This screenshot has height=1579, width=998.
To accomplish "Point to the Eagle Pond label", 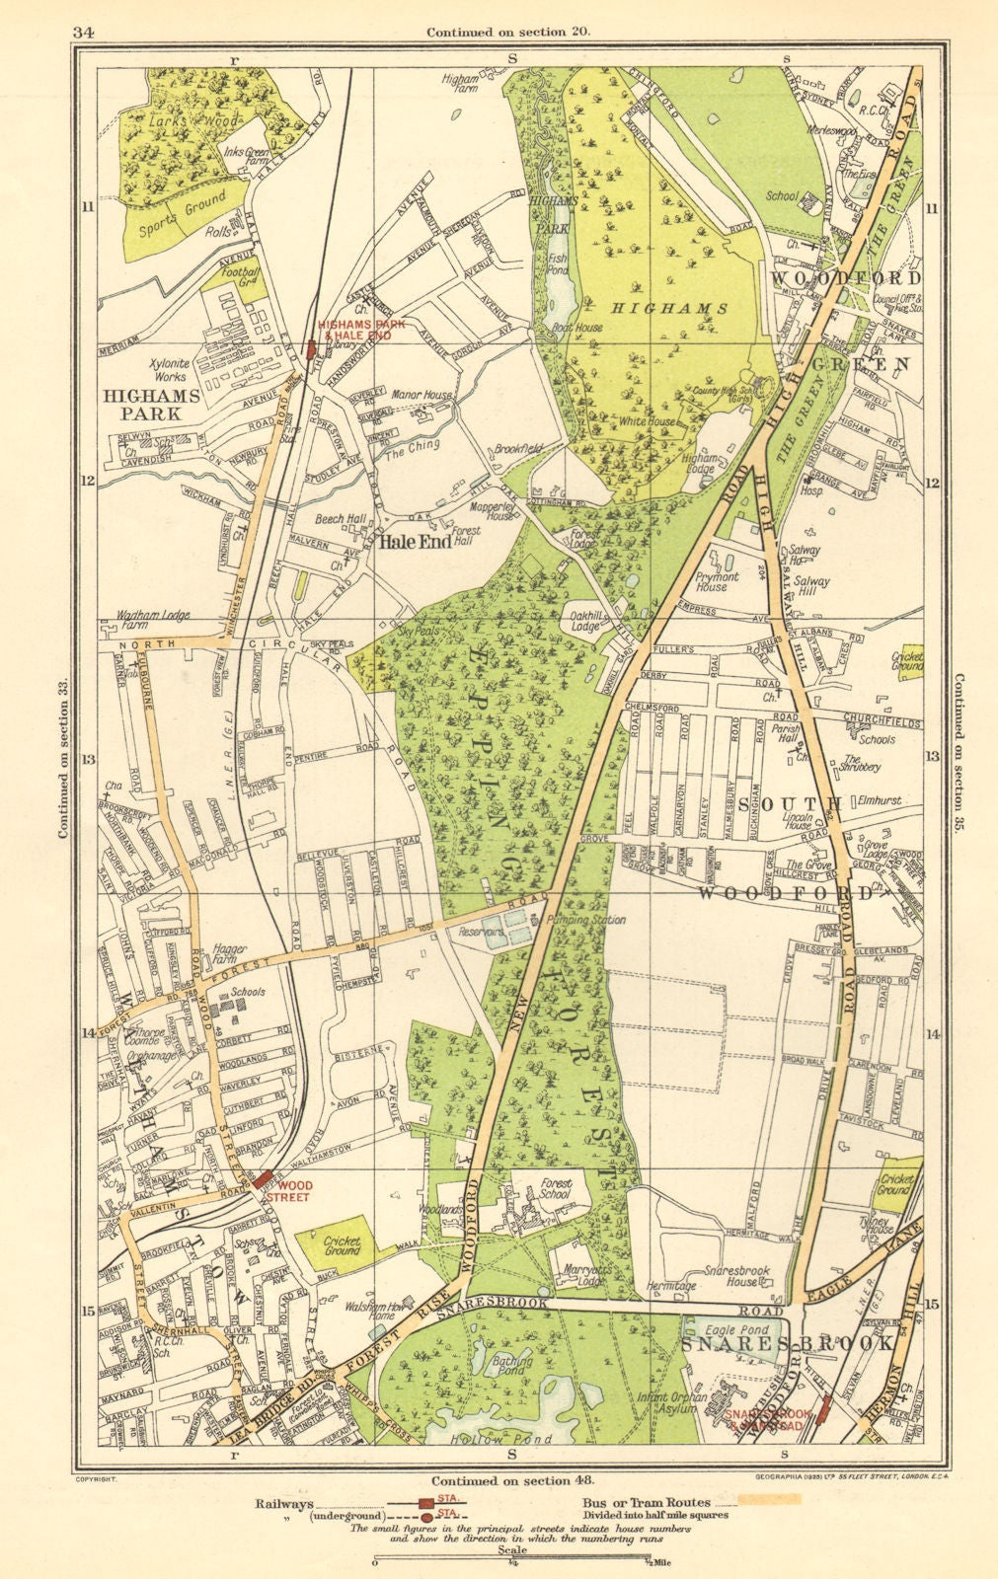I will tap(729, 1330).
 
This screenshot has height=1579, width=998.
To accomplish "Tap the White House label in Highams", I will tap(648, 421).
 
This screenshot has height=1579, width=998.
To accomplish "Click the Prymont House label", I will tap(717, 581).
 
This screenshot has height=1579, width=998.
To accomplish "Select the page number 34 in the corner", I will tap(83, 32).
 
